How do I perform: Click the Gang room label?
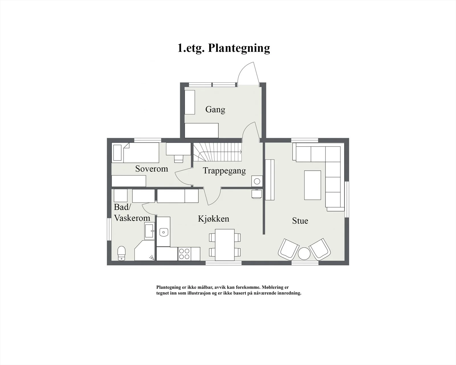click(x=215, y=110)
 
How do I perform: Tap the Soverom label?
click(x=152, y=169)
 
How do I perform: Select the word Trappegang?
click(x=224, y=171)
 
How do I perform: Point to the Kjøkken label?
click(x=213, y=219)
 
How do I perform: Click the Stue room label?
click(x=300, y=221)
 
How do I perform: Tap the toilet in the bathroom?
click(x=121, y=253)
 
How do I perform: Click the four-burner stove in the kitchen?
click(x=184, y=254)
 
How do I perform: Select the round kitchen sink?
click(x=164, y=232)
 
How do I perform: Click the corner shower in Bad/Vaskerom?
click(x=144, y=250)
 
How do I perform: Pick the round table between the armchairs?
click(x=304, y=254)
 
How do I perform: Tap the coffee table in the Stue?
click(x=313, y=185)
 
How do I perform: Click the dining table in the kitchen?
click(x=225, y=245)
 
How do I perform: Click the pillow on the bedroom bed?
click(x=117, y=153)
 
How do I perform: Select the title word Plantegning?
click(x=239, y=48)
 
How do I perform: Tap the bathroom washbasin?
click(x=150, y=231)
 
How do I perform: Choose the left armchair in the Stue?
click(x=288, y=249)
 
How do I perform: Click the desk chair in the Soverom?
click(x=179, y=159)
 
